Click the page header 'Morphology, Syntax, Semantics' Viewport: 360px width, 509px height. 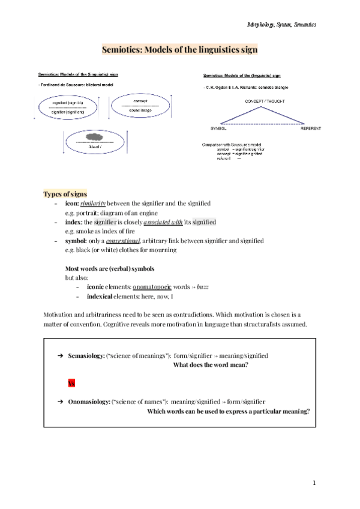(x=281, y=24)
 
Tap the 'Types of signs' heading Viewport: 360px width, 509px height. (x=65, y=194)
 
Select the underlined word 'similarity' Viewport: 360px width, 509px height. (x=93, y=203)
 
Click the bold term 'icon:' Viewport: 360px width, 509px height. (x=71, y=203)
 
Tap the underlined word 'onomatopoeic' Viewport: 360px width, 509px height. (x=152, y=288)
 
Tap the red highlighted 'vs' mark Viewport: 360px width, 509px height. (x=71, y=383)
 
